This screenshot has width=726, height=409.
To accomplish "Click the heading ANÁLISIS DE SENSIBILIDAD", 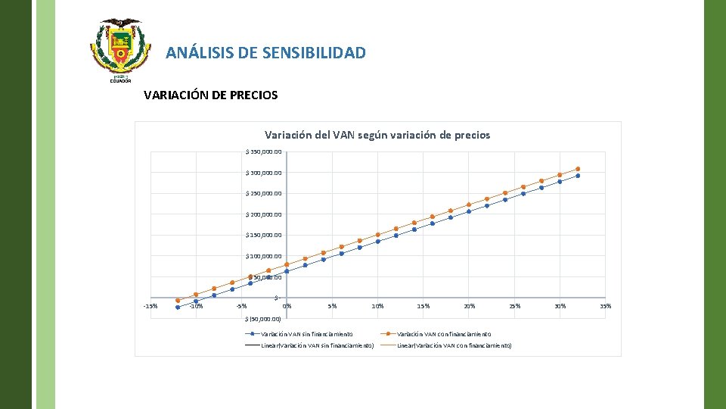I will [x=265, y=53].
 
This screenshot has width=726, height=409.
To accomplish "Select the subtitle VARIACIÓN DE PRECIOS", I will [x=210, y=95].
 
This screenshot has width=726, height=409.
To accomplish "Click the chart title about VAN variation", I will [x=377, y=135].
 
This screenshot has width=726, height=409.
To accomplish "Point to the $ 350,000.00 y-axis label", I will [x=265, y=151].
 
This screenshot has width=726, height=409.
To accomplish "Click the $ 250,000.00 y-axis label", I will [x=265, y=193].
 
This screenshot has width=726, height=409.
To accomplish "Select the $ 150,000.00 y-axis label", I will [x=265, y=235].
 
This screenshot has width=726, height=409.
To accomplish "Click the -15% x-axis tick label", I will [x=150, y=306].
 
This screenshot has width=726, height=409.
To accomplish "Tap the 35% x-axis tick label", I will [x=605, y=306].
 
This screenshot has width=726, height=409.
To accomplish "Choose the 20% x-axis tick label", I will [x=469, y=306].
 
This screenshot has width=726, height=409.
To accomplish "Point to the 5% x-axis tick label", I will [x=332, y=306].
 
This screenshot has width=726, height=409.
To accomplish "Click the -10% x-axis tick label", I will [x=196, y=306].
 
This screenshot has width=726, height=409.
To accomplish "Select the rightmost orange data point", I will [x=578, y=169].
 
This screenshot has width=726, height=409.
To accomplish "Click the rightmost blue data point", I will [x=578, y=176].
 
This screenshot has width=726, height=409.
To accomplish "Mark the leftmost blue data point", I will [x=178, y=308].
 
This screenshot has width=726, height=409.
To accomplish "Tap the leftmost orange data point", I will [x=178, y=301].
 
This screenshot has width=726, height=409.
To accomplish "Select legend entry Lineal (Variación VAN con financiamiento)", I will [x=454, y=345].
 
